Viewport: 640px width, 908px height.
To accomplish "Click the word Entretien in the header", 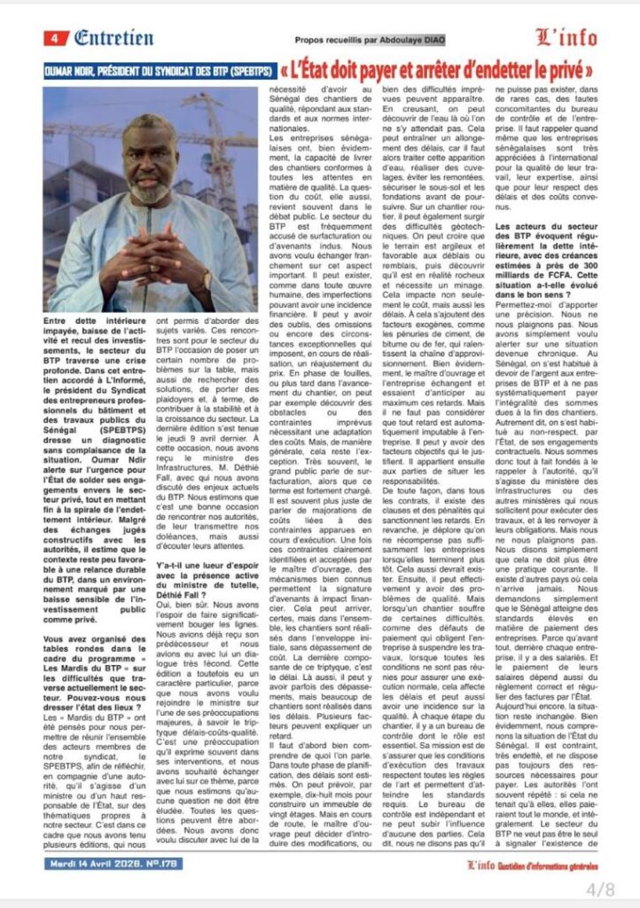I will (x=113, y=38).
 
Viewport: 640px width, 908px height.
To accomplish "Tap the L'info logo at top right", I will (x=566, y=37).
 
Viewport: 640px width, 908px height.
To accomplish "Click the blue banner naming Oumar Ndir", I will (x=160, y=69).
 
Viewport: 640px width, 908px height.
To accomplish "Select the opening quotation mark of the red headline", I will (x=285, y=68).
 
